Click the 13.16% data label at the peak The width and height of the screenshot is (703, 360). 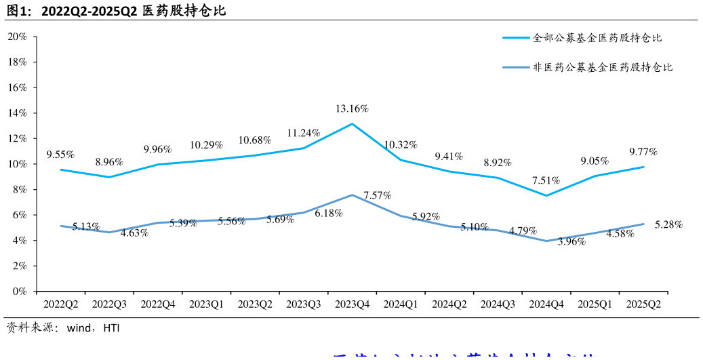pos(352,109)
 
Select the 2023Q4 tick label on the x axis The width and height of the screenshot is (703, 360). pos(352,305)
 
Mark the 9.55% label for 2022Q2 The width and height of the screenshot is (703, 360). pos(60,155)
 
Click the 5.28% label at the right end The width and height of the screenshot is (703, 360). pos(668,225)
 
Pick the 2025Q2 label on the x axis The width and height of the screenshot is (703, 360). pos(644,305)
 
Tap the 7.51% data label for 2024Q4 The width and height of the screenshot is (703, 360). pos(546,180)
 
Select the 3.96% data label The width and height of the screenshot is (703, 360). pos(571,241)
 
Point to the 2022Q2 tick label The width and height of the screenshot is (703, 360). pos(60,305)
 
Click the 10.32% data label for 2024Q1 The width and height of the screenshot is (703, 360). pos(401,145)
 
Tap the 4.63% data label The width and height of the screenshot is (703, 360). pos(134,234)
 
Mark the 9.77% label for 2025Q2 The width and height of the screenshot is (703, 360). pos(643,152)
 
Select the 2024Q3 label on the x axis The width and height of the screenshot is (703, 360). pos(498,305)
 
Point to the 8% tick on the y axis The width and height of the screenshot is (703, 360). pos(19,190)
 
